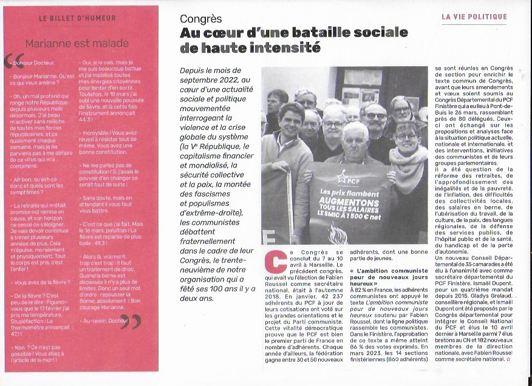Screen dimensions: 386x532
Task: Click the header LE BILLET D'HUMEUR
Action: (x=77, y=18)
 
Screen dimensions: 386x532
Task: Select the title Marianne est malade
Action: (x=77, y=43)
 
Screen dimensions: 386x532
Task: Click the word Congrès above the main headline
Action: (x=201, y=18)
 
